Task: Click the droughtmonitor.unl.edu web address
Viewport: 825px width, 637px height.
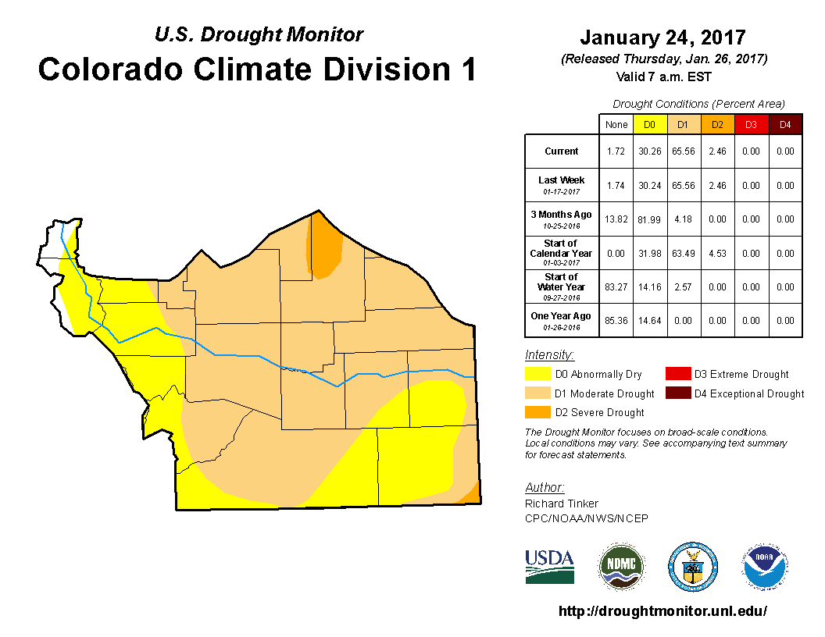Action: (x=662, y=611)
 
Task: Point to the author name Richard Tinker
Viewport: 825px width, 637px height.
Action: (x=562, y=504)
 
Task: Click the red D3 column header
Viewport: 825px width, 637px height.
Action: (x=751, y=125)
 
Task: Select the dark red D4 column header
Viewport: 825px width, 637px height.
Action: (x=785, y=125)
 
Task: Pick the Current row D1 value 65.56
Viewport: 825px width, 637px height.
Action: (x=684, y=151)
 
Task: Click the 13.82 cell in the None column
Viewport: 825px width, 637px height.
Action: (x=616, y=219)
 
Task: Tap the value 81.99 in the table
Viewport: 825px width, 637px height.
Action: (x=650, y=219)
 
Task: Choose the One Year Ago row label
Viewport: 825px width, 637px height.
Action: (x=561, y=316)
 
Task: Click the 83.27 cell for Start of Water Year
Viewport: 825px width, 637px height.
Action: (x=616, y=287)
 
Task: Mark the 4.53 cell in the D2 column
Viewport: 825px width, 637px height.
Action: (x=717, y=253)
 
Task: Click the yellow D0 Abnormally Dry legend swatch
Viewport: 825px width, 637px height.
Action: (x=537, y=374)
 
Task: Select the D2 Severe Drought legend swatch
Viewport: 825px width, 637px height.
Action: (x=537, y=411)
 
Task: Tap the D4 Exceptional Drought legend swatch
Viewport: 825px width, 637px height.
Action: (x=677, y=393)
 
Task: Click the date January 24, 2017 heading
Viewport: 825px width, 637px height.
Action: (x=662, y=37)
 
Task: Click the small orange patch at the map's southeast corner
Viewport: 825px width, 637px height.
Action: (x=471, y=495)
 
